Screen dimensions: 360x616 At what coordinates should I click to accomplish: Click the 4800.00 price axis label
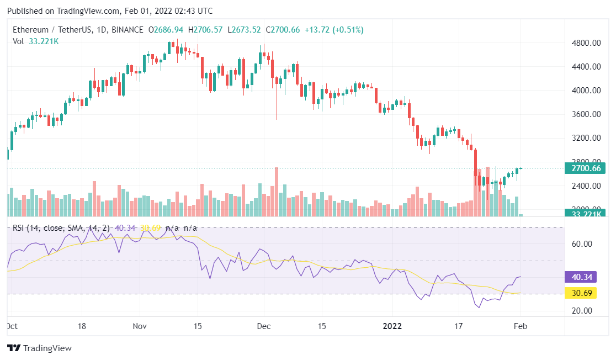(x=585, y=43)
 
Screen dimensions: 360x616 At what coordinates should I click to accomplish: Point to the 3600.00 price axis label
(x=585, y=114)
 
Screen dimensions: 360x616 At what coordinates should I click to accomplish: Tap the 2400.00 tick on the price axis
(x=585, y=186)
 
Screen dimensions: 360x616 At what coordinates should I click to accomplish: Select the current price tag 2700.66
(x=585, y=168)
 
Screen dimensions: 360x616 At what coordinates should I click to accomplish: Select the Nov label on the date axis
(x=141, y=326)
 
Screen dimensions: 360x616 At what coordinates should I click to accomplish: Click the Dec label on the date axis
(x=264, y=326)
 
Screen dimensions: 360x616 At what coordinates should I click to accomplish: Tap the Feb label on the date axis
(x=521, y=326)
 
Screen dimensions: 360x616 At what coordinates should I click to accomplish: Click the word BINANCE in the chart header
(x=127, y=29)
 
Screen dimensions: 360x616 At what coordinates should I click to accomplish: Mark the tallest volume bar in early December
(x=276, y=191)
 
